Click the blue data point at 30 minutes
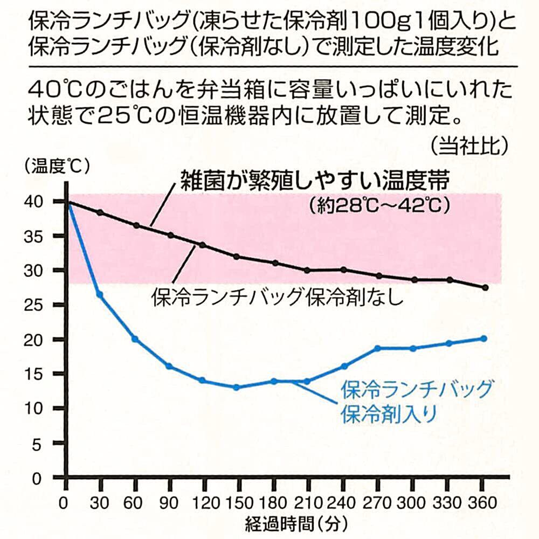coord(100,294)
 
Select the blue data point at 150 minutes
coord(236,387)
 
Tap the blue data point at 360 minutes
coord(483,338)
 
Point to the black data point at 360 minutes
coord(485,288)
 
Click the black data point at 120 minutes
coord(203,245)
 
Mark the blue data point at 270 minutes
coord(377,348)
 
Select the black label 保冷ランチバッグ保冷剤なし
coord(278,296)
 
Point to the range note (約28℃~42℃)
coord(379,206)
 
